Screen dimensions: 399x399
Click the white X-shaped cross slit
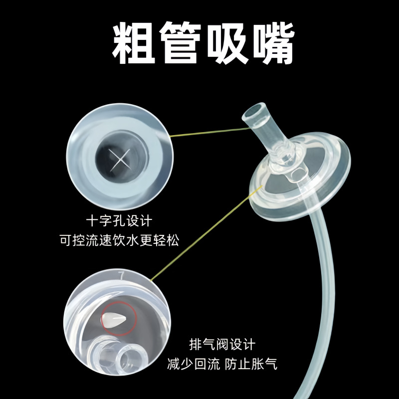119,161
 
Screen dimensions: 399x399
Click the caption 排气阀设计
222,344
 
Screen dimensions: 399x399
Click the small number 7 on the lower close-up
120,274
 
